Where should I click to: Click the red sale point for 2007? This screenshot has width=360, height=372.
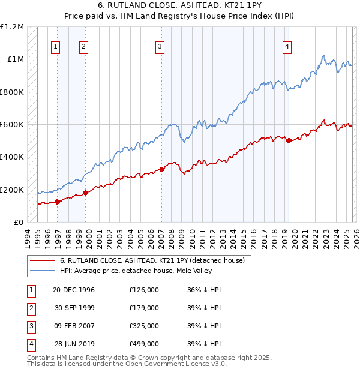click(161, 170)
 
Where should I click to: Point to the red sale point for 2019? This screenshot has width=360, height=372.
click(289, 141)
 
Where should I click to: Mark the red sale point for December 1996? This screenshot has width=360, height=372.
click(58, 202)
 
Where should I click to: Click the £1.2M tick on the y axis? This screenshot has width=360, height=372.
click(12, 27)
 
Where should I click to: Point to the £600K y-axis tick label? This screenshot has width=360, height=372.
click(12, 125)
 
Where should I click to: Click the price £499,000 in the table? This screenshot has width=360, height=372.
click(144, 344)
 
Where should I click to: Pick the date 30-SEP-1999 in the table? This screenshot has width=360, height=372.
click(74, 308)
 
